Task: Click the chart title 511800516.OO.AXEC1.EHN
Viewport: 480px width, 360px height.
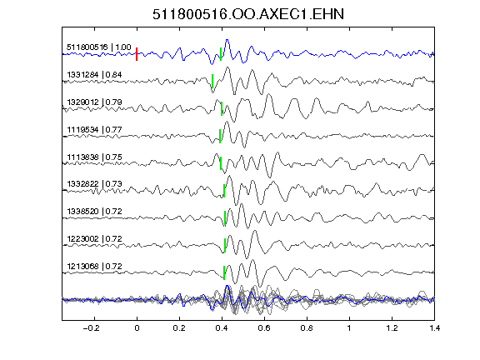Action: click(x=248, y=14)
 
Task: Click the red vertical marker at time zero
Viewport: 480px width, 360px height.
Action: click(x=137, y=54)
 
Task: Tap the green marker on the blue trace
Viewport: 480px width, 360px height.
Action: click(x=221, y=54)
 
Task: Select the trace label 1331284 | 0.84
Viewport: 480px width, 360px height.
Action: click(x=94, y=75)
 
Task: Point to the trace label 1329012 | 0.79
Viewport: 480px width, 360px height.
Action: click(x=94, y=102)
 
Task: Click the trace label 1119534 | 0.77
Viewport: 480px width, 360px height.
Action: click(x=94, y=129)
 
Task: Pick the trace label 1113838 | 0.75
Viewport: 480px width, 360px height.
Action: click(x=94, y=157)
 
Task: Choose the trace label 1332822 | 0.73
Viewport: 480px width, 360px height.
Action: click(x=94, y=183)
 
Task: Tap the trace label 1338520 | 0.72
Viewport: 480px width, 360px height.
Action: click(x=94, y=211)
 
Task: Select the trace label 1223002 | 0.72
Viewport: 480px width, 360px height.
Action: click(x=94, y=238)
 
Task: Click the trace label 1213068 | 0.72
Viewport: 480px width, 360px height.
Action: click(x=94, y=266)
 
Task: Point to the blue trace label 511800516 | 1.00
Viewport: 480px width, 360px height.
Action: click(x=99, y=47)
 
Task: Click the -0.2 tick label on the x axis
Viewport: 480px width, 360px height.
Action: click(x=91, y=328)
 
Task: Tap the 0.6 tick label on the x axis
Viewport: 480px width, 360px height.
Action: click(x=264, y=328)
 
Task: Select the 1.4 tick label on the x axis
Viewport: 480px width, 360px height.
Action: click(x=434, y=328)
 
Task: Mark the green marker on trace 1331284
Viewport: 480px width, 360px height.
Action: click(x=212, y=81)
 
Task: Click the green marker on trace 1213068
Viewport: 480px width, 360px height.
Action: click(x=224, y=272)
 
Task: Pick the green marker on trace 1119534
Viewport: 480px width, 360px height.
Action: click(x=220, y=136)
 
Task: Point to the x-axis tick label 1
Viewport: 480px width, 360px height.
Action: click(x=349, y=328)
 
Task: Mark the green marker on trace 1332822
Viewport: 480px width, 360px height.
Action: click(x=224, y=191)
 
